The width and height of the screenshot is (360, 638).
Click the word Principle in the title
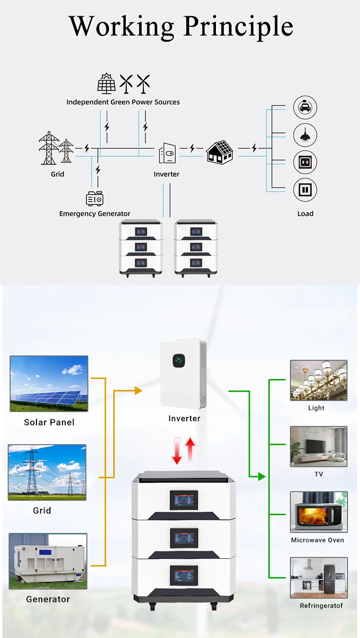[239, 27]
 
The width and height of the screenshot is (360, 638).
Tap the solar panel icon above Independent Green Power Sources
[106, 83]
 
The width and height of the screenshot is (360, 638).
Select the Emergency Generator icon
[95, 198]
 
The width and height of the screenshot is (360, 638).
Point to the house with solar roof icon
[220, 152]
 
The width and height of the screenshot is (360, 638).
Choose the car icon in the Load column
[305, 107]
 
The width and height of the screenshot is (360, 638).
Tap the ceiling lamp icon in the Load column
[305, 135]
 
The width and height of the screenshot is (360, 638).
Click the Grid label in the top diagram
[58, 174]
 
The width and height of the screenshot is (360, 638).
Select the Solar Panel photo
[49, 383]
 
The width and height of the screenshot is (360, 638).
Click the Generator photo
[48, 561]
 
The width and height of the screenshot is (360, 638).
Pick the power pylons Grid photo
[47, 473]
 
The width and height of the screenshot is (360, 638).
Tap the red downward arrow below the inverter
[177, 451]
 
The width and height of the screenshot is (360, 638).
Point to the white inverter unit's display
[179, 360]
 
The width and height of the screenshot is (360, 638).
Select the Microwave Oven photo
[318, 512]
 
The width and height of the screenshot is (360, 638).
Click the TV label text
[318, 474]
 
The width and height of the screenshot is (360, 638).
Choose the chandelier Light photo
[318, 380]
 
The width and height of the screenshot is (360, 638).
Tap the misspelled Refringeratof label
[321, 605]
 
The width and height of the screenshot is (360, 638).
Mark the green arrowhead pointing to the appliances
[261, 476]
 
